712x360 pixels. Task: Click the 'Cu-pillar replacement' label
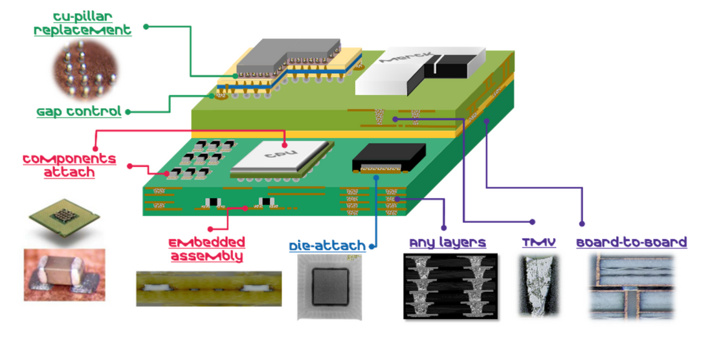point(83,23)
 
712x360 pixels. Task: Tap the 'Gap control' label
point(79,111)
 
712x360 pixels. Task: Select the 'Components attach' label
point(69,165)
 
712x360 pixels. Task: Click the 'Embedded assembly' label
point(207,249)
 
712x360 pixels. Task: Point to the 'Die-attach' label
point(328,246)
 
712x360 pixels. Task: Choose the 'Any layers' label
point(447,243)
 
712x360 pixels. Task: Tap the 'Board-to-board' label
point(631,243)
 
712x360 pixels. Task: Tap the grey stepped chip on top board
point(288,57)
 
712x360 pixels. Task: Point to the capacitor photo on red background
point(63,275)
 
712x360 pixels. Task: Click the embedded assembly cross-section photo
point(208,288)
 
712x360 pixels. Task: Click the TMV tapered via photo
point(538,286)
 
